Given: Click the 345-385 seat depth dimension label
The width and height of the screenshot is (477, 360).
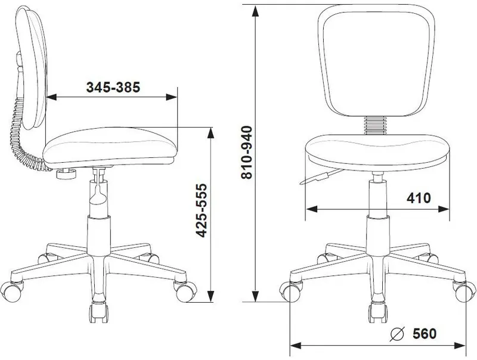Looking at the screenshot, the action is coord(113,87).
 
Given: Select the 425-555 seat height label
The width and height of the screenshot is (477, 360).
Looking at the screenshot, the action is coord(201,210).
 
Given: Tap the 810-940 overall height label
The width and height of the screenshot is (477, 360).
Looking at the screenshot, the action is coord(247,153).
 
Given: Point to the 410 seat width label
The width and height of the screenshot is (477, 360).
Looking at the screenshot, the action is coord(419,198).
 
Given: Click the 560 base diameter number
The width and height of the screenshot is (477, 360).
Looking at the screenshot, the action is coord(425,334).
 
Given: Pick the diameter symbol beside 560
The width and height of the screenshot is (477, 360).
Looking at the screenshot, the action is coord(397,334).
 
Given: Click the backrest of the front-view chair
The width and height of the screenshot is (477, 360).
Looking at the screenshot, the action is coord(376,61).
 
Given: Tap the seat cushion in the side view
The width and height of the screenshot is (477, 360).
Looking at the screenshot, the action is coord(110,147).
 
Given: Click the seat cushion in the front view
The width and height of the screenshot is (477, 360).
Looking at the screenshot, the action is coord(377,152).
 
